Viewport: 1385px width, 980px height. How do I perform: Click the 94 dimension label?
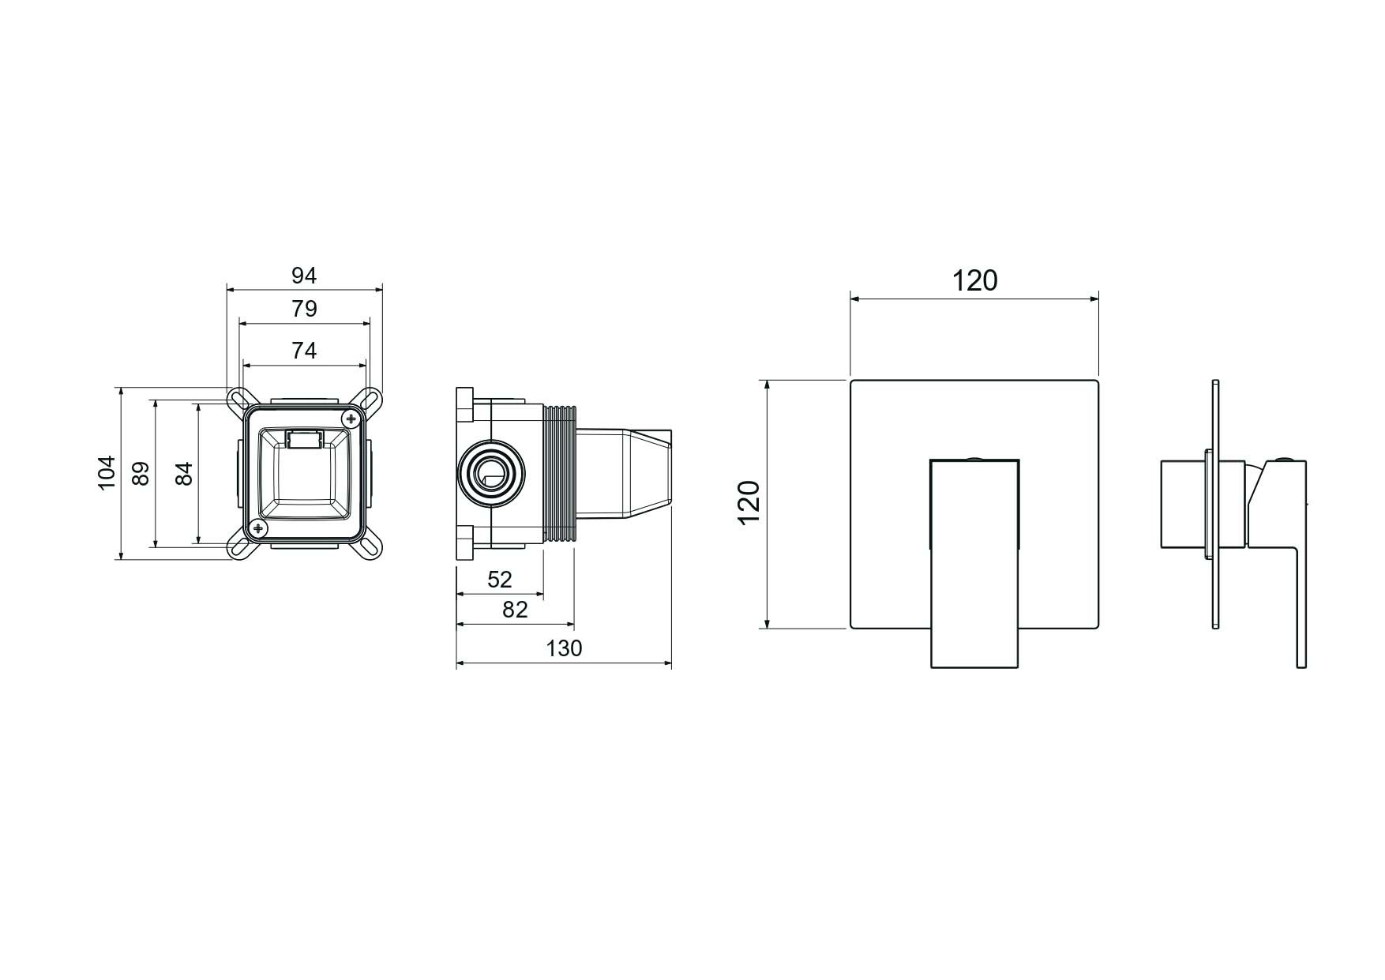(304, 276)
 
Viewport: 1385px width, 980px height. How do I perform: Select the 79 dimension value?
(304, 309)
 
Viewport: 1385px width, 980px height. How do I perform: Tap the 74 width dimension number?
(304, 350)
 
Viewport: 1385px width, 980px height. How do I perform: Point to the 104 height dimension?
(107, 473)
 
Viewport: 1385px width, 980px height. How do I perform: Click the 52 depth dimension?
(499, 580)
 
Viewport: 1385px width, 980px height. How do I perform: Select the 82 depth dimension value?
(514, 610)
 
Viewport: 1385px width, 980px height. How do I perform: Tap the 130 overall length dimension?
(564, 648)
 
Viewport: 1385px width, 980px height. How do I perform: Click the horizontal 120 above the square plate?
(974, 280)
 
